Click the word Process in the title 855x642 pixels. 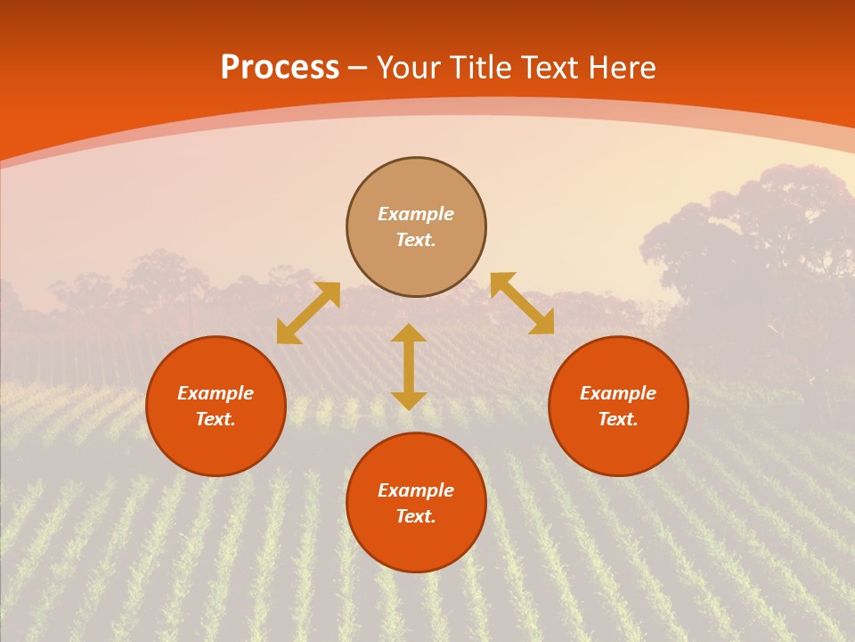pos(280,67)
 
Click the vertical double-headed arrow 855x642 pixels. pos(409,367)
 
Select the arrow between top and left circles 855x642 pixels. pos(308,313)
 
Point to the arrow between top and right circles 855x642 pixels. pos(522,303)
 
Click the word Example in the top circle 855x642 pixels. pos(416,214)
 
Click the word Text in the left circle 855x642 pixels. pos(216,419)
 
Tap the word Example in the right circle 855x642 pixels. pos(618,393)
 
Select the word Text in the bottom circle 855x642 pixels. pos(416,516)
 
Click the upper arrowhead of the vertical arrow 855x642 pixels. pos(409,333)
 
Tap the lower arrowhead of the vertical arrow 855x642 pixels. pos(409,400)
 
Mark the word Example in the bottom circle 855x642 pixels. pos(416,490)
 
